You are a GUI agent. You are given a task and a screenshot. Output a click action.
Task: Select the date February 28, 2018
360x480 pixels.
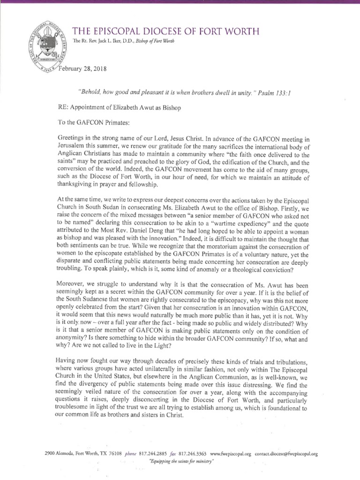[82, 69]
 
